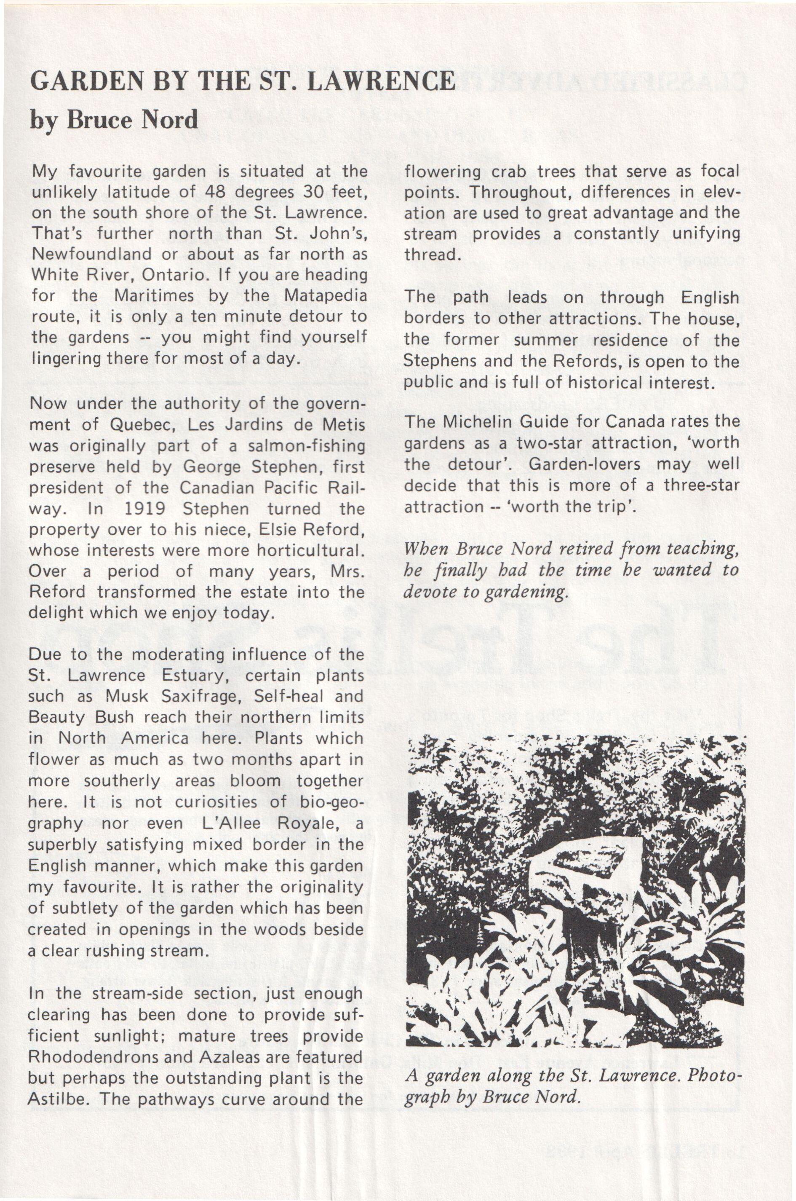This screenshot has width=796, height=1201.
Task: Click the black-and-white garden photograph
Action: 576,891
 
